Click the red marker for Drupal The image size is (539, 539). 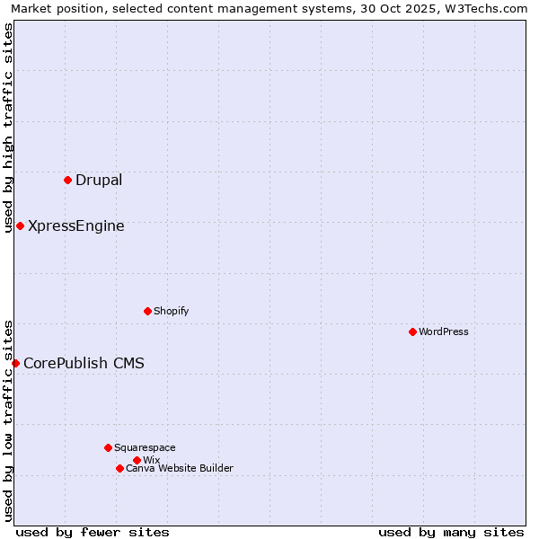pyautogui.click(x=67, y=180)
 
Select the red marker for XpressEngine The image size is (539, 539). pyautogui.click(x=20, y=225)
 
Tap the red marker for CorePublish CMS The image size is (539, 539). pyautogui.click(x=15, y=363)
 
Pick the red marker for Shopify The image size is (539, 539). pyautogui.click(x=147, y=311)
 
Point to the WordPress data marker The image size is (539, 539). pyautogui.click(x=412, y=331)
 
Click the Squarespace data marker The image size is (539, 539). pyautogui.click(x=108, y=447)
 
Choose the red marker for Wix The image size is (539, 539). pyautogui.click(x=137, y=460)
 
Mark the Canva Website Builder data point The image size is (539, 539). pyautogui.click(x=119, y=468)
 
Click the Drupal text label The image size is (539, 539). pyautogui.click(x=99, y=180)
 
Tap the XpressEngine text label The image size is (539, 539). pyautogui.click(x=76, y=225)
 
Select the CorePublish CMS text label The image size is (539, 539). pyautogui.click(x=84, y=363)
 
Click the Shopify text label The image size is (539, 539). pyautogui.click(x=171, y=311)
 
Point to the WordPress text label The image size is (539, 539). pyautogui.click(x=444, y=331)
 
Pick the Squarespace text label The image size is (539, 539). pyautogui.click(x=145, y=447)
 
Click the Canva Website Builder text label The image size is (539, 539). pyautogui.click(x=180, y=468)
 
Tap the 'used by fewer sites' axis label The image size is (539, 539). pyautogui.click(x=93, y=532)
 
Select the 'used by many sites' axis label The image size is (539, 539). pyautogui.click(x=451, y=532)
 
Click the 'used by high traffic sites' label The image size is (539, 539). pyautogui.click(x=8, y=128)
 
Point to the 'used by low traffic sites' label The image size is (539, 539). pyautogui.click(x=8, y=420)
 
